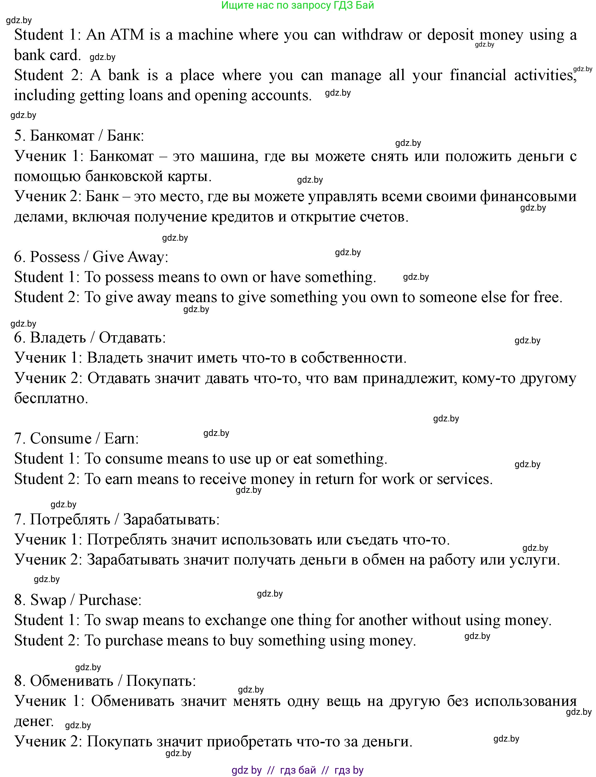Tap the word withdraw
(x=372, y=35)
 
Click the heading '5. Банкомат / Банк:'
(x=79, y=136)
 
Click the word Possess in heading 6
(x=55, y=257)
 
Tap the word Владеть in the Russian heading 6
(x=58, y=337)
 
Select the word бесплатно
(x=51, y=398)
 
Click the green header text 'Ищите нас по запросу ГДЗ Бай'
(x=298, y=5)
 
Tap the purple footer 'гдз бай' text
(x=298, y=770)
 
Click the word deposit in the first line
(x=450, y=35)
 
